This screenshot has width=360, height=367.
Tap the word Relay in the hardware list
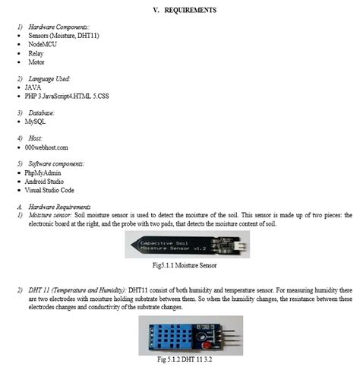pos(34,53)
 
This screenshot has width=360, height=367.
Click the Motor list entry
pos(35,62)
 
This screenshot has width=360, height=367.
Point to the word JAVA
pos(33,87)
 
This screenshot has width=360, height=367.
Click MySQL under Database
pos(35,121)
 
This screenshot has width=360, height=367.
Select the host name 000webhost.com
pos(46,147)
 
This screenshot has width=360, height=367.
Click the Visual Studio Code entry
pos(52,191)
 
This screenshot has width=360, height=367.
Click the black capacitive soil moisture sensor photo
pos(179,245)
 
